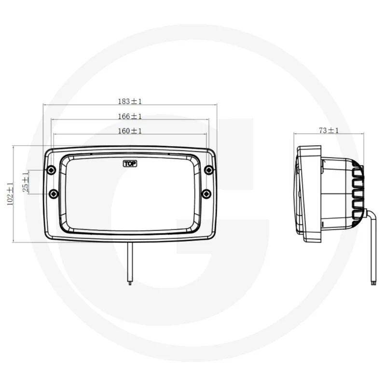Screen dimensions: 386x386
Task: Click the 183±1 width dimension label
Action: (130, 101)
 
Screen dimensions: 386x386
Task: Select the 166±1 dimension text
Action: (130, 116)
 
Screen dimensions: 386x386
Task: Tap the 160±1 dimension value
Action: (130, 131)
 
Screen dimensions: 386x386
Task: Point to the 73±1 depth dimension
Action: (329, 130)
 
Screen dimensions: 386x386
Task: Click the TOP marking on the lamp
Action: (130, 164)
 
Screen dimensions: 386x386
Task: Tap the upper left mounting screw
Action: (51, 170)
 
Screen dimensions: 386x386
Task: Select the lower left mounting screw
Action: (54, 193)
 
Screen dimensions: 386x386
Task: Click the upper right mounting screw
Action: (209, 169)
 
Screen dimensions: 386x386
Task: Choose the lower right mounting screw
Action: (207, 193)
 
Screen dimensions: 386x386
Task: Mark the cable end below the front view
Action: (129, 284)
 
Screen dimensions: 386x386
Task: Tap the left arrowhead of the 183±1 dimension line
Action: (45, 105)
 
